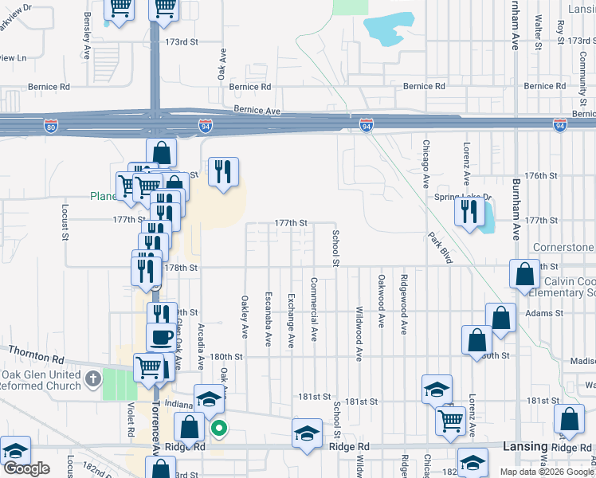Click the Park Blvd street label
(x=440, y=248)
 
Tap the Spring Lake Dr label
(x=463, y=197)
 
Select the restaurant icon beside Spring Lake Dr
(x=468, y=212)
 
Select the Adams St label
(x=544, y=315)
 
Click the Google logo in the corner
(x=26, y=468)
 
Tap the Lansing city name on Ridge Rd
(x=525, y=447)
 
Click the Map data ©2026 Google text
(x=547, y=472)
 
